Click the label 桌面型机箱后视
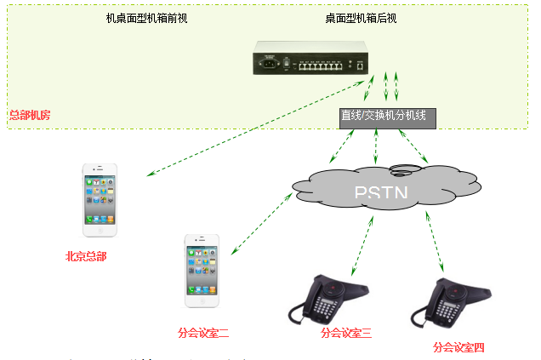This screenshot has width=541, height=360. [360, 17]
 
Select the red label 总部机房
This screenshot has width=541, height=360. [29, 115]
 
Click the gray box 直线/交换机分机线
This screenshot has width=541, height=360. [387, 117]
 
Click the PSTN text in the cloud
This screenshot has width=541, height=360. [380, 193]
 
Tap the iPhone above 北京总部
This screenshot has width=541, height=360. [100, 200]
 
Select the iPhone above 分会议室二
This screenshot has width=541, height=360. [202, 271]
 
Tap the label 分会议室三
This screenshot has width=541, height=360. [345, 333]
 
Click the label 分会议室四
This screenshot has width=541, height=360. [458, 347]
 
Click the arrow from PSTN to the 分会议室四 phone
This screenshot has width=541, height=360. [435, 242]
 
